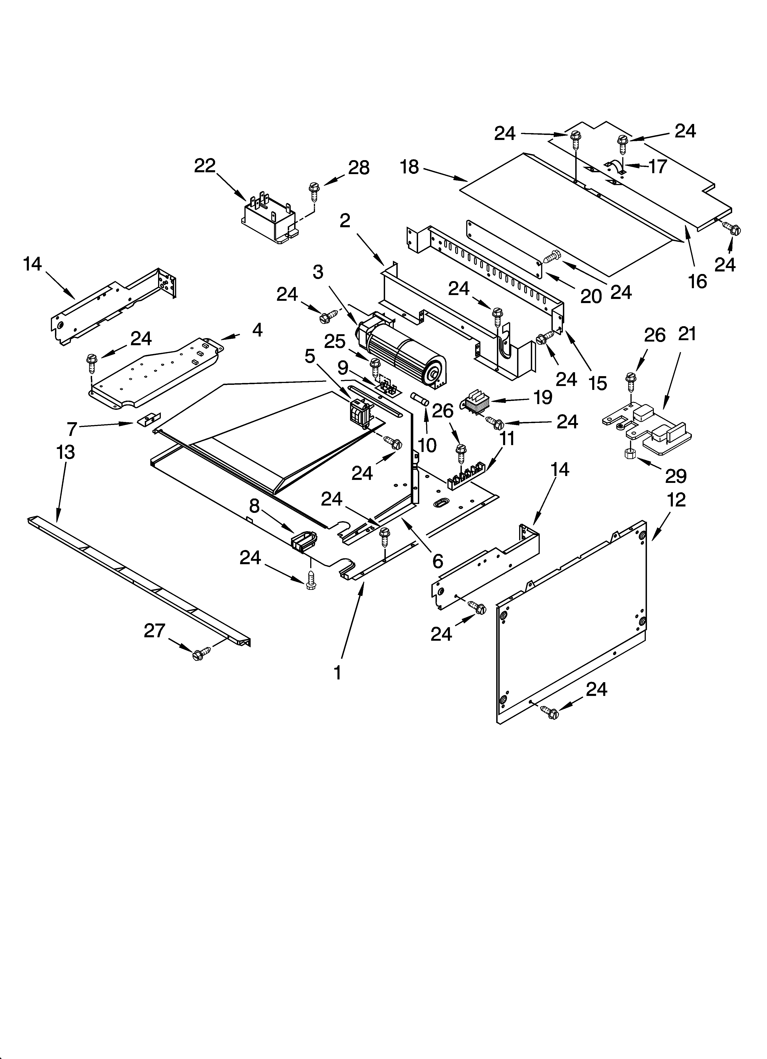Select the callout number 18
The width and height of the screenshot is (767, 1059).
tap(410, 167)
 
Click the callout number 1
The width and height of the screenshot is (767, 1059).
tap(337, 673)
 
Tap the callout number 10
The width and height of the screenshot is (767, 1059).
tap(427, 445)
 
